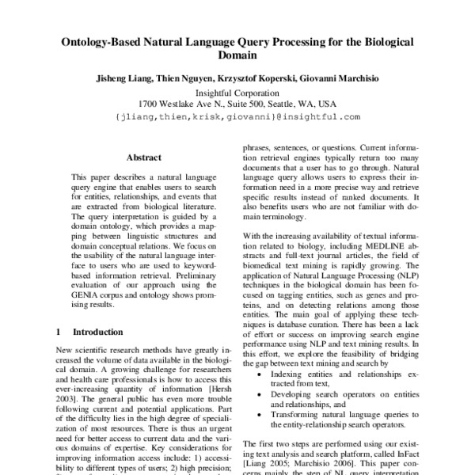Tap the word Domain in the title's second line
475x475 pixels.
pyautogui.click(x=237, y=57)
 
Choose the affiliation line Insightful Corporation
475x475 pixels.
pyautogui.click(x=237, y=92)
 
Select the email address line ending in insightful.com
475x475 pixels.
pyautogui.click(x=237, y=116)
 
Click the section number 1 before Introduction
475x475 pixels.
pyautogui.click(x=59, y=332)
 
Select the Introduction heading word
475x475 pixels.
pyautogui.click(x=98, y=332)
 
